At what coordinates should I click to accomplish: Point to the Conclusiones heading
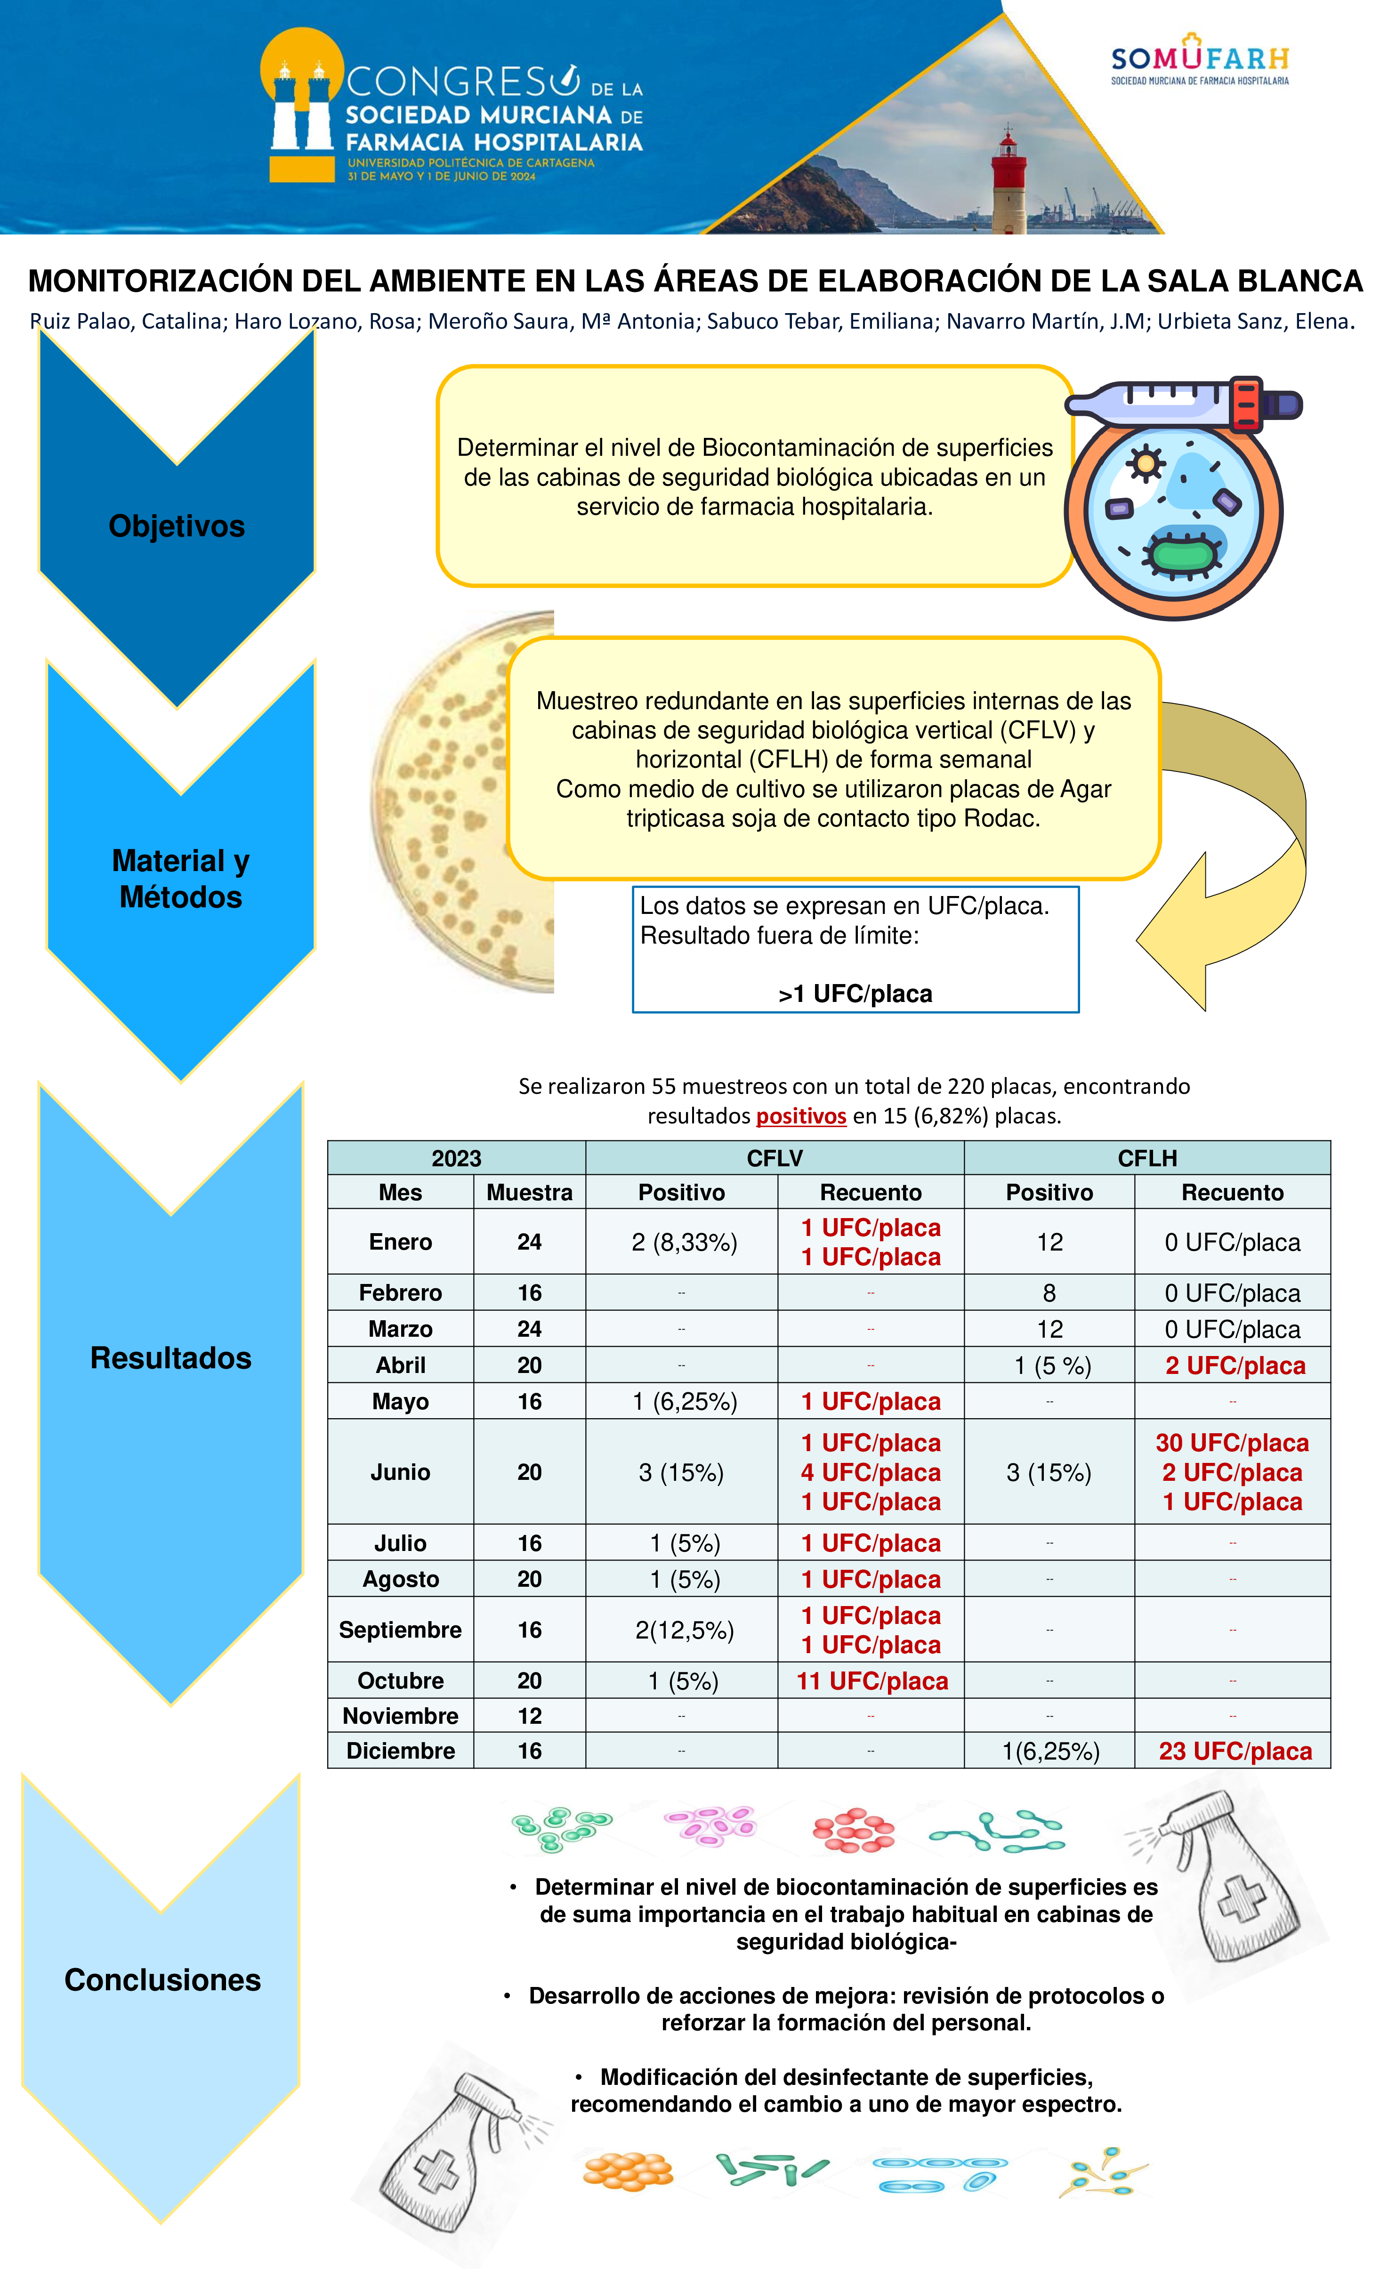coord(163,1980)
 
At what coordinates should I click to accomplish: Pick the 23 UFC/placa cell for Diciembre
coord(1234,1752)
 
